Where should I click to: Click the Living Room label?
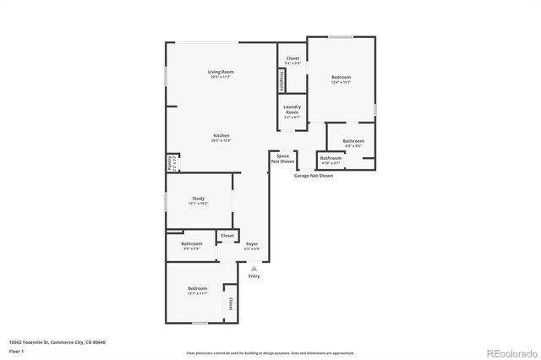pos(221,72)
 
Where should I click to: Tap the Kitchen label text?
pos(221,136)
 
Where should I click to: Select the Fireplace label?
pos(281,79)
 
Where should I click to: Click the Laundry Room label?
pos(292,109)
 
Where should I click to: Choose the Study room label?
pos(198,199)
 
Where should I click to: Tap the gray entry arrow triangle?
pos(254,268)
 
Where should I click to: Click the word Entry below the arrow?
pos(254,276)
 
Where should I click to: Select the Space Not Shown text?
pos(282,158)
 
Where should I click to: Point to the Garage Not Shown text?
pos(313,176)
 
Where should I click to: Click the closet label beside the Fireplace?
pos(292,58)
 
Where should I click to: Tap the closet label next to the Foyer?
pos(227,236)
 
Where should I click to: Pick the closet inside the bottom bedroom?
pos(229,301)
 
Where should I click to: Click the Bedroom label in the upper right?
pos(341,78)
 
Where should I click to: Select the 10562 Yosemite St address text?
pos(57,341)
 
